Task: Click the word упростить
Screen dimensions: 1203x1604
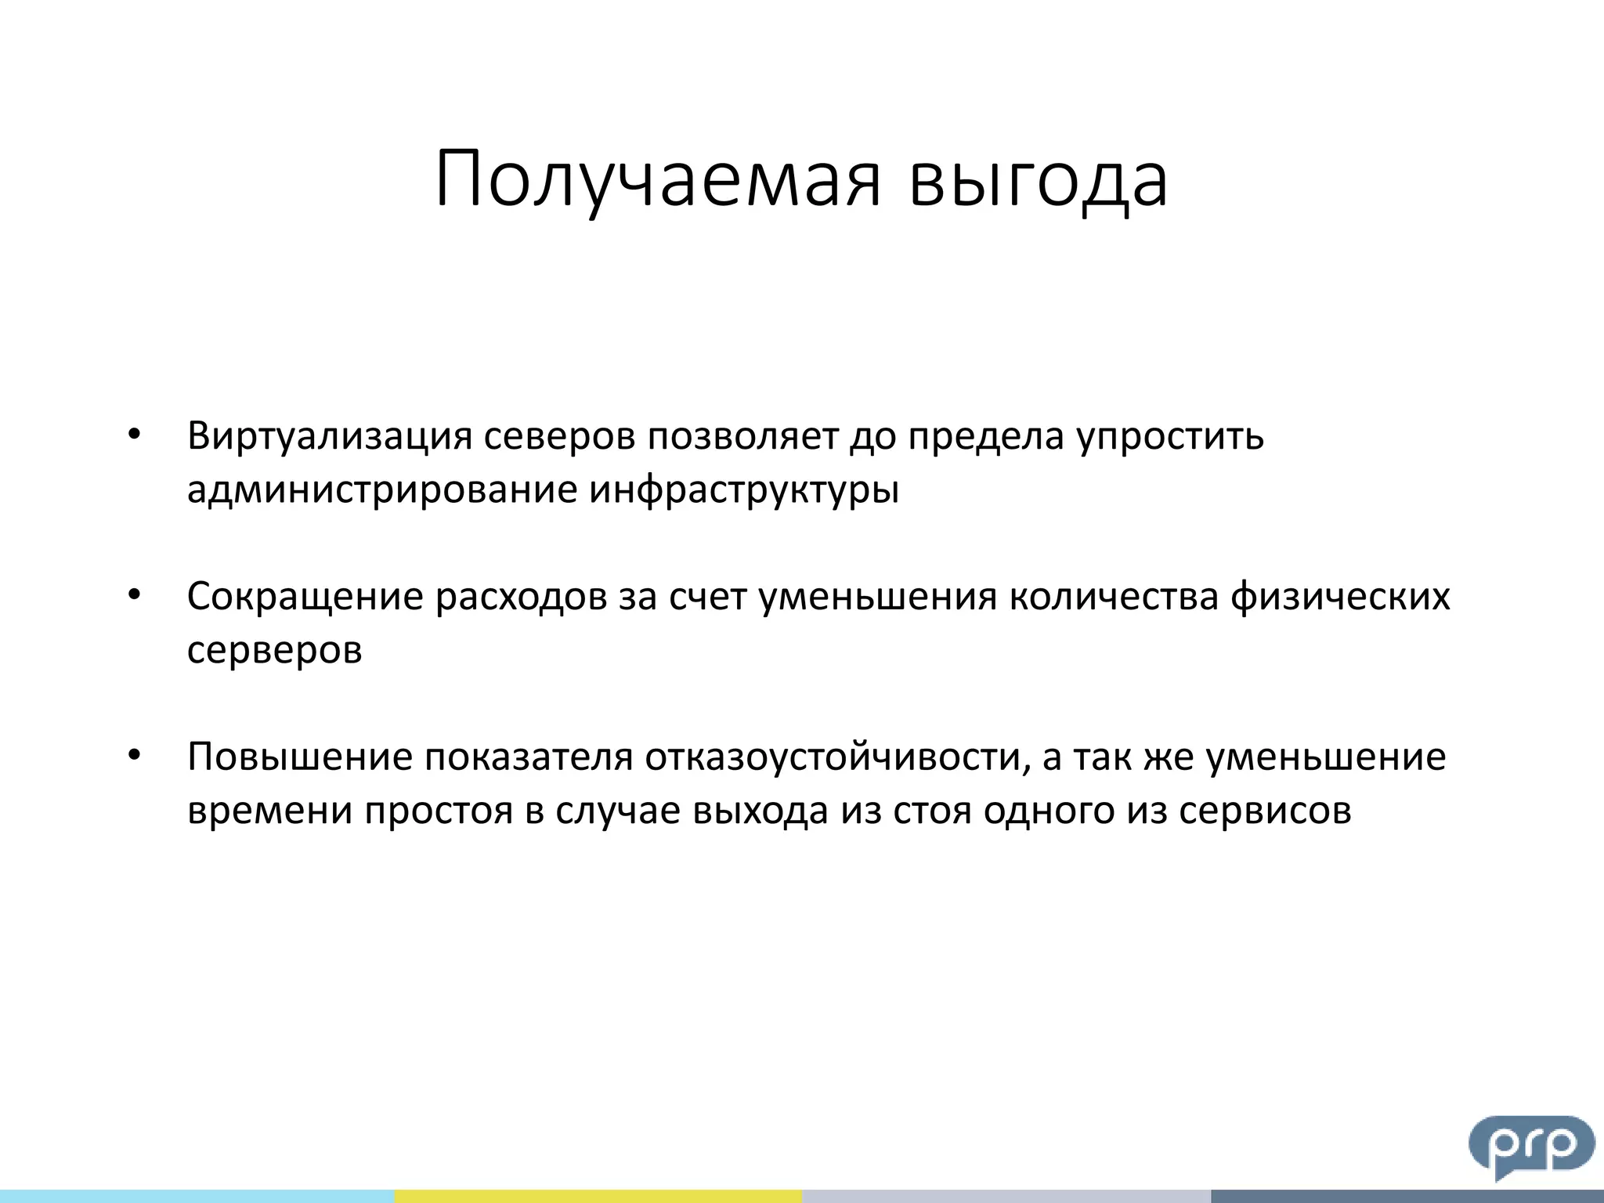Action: point(1170,437)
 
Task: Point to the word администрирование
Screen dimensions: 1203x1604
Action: point(382,490)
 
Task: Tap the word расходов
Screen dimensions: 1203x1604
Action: point(521,598)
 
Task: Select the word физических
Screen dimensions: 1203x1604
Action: point(1340,598)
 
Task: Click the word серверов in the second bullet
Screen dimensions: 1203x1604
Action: point(275,650)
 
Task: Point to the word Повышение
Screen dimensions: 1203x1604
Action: point(299,757)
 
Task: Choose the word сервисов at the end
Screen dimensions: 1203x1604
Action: point(1265,811)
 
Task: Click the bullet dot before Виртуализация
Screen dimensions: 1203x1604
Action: point(135,435)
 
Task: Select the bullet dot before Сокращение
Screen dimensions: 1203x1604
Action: point(135,595)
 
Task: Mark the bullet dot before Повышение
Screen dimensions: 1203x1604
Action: point(135,756)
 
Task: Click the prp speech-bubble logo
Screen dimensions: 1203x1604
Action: point(1531,1145)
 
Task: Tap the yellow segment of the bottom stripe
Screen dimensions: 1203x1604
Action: point(598,1196)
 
